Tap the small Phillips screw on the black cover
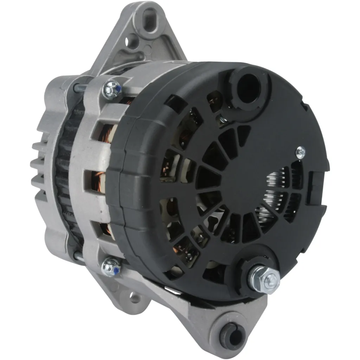tap(300, 152)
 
